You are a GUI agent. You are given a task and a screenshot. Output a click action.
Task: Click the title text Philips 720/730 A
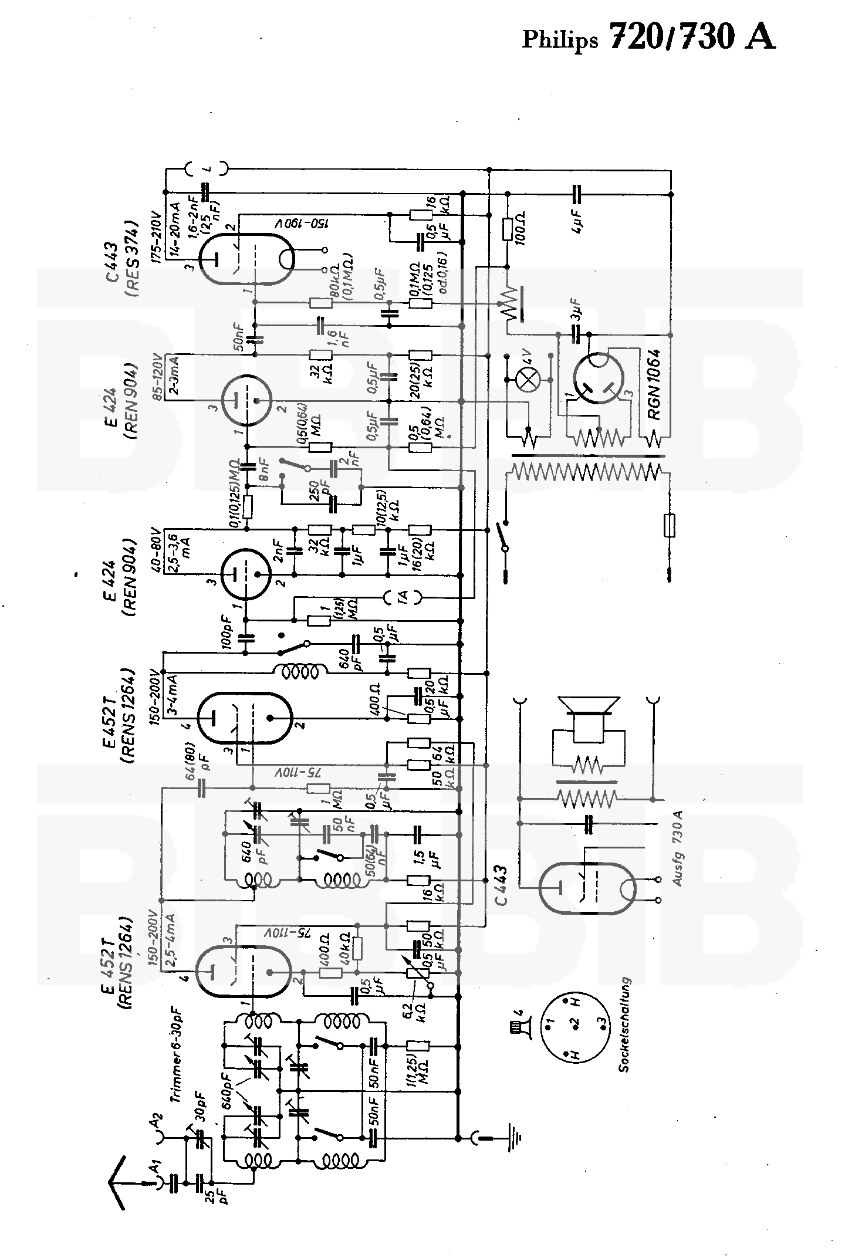(649, 38)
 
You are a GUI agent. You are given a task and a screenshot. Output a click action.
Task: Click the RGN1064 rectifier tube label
(654, 384)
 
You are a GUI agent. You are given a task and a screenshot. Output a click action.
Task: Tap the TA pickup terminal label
(403, 597)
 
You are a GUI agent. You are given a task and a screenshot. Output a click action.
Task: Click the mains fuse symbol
(669, 526)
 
